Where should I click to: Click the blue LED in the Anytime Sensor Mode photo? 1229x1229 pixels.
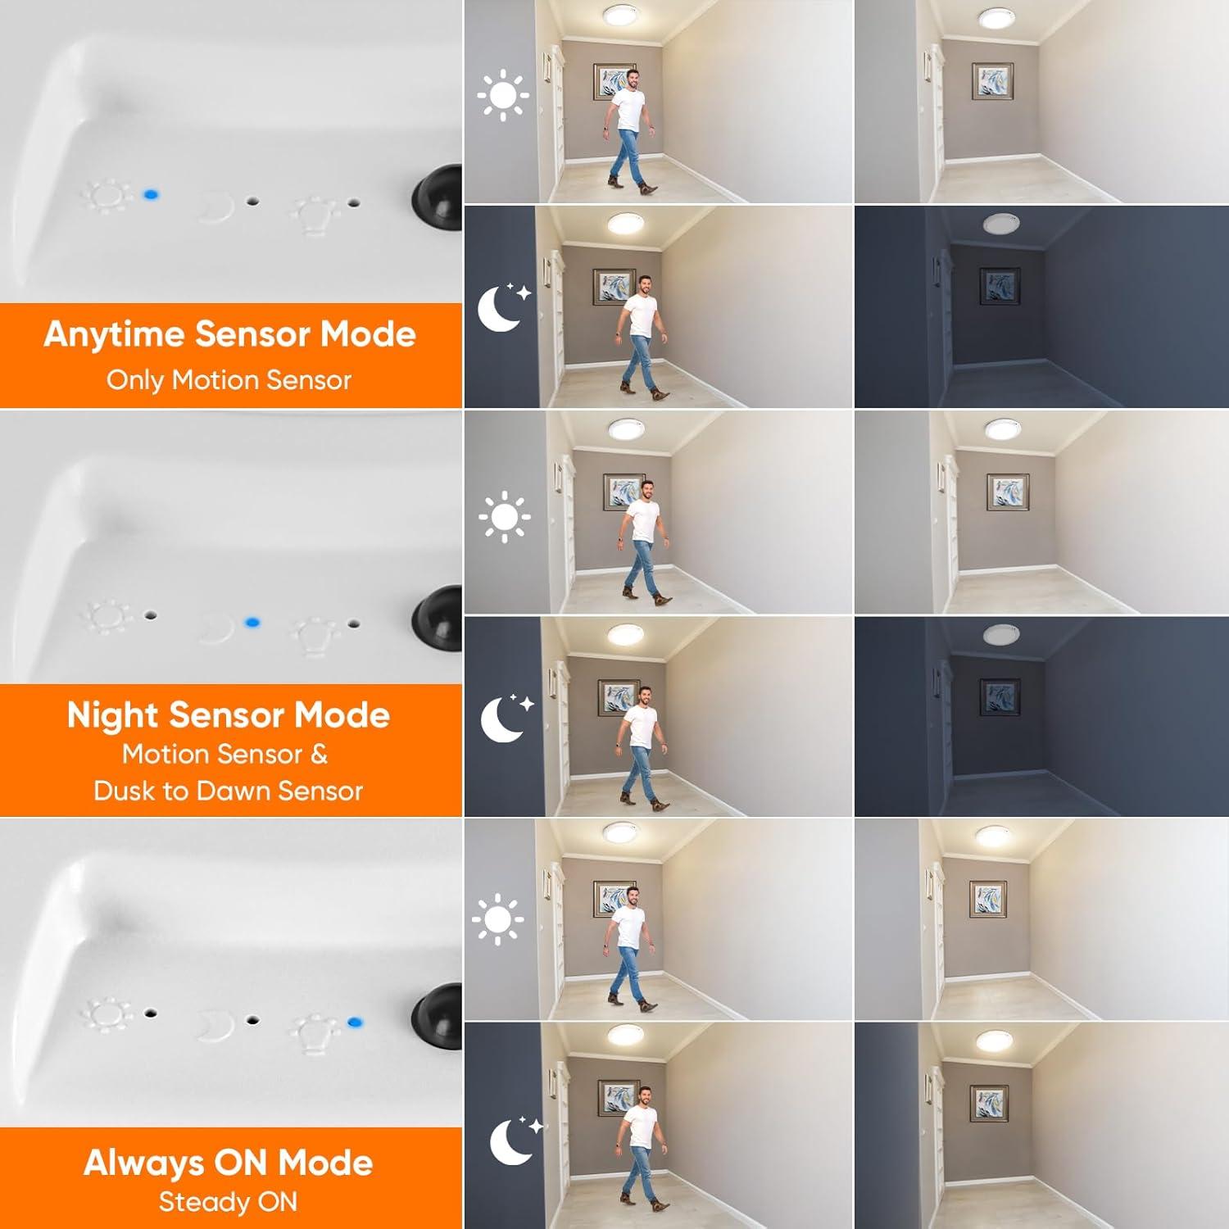tap(151, 195)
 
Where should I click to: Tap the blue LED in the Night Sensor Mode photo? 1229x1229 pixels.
tap(252, 623)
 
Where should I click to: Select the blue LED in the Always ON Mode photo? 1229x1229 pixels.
tap(355, 1022)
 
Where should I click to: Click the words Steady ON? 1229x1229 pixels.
tap(228, 1202)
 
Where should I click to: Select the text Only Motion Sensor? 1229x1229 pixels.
tap(229, 380)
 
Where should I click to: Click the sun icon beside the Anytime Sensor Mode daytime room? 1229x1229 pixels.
tap(503, 96)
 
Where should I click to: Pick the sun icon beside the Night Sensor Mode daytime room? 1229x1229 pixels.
tap(504, 516)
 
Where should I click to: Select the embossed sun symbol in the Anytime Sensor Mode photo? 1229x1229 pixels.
tap(107, 197)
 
